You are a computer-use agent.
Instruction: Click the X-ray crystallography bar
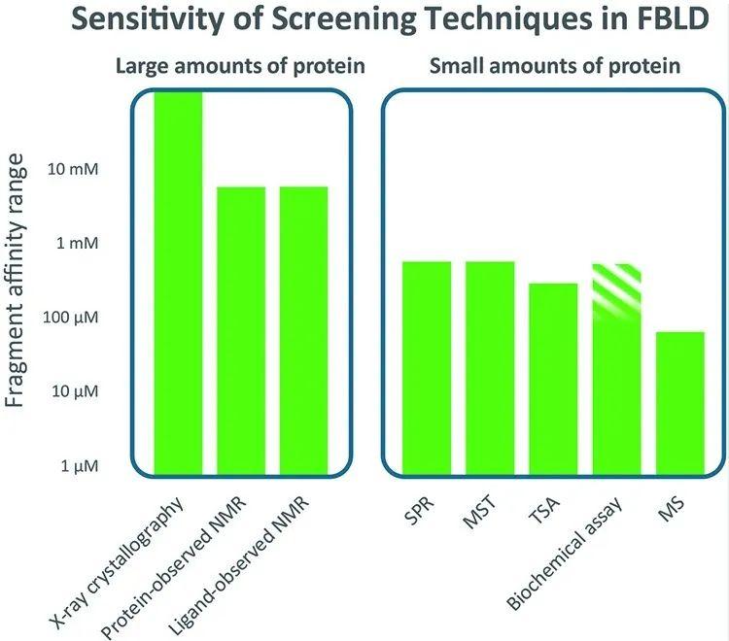click(179, 282)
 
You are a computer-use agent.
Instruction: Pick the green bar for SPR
click(427, 365)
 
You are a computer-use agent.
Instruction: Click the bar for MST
click(490, 365)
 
